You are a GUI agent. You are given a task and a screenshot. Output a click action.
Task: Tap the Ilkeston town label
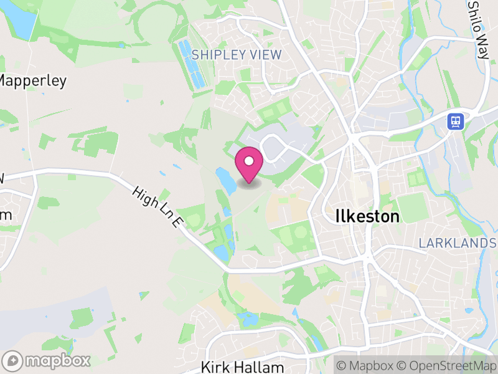tap(367, 216)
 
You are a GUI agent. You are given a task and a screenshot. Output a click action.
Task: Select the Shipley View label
tap(237, 55)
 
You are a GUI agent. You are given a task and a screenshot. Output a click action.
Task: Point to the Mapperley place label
tap(32, 80)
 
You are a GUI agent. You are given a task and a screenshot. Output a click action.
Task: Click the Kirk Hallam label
tap(243, 367)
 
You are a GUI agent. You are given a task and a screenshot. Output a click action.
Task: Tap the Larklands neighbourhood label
tap(458, 242)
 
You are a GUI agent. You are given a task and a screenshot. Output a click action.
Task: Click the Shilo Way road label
tap(478, 28)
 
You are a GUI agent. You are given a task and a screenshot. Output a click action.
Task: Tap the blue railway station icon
tap(456, 120)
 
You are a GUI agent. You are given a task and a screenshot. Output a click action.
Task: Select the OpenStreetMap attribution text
tap(447, 365)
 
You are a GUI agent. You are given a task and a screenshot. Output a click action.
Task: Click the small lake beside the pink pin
tap(225, 180)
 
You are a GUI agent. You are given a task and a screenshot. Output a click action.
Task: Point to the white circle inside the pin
tap(249, 161)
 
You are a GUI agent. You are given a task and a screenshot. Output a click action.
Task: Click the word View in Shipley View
tap(266, 55)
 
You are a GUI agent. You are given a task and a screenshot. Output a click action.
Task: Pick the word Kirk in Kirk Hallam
tap(215, 367)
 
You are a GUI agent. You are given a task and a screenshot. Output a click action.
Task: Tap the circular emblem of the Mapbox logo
tap(12, 360)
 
